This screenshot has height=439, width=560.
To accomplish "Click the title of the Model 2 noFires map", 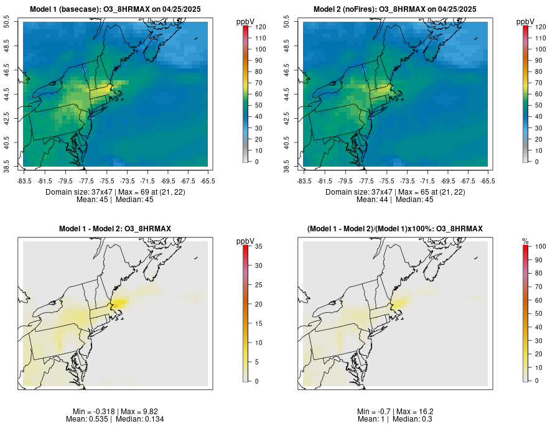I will click(x=395, y=9).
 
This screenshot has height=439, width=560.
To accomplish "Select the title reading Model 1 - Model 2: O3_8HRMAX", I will click(x=115, y=229).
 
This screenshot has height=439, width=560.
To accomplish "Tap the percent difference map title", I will click(x=395, y=229).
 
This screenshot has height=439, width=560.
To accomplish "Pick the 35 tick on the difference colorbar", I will click(x=256, y=247).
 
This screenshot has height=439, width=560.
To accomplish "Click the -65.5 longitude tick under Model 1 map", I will click(x=208, y=181).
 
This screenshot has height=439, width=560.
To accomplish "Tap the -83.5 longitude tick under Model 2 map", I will click(x=304, y=181).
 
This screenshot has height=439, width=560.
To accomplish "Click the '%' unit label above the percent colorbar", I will click(x=525, y=241).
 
